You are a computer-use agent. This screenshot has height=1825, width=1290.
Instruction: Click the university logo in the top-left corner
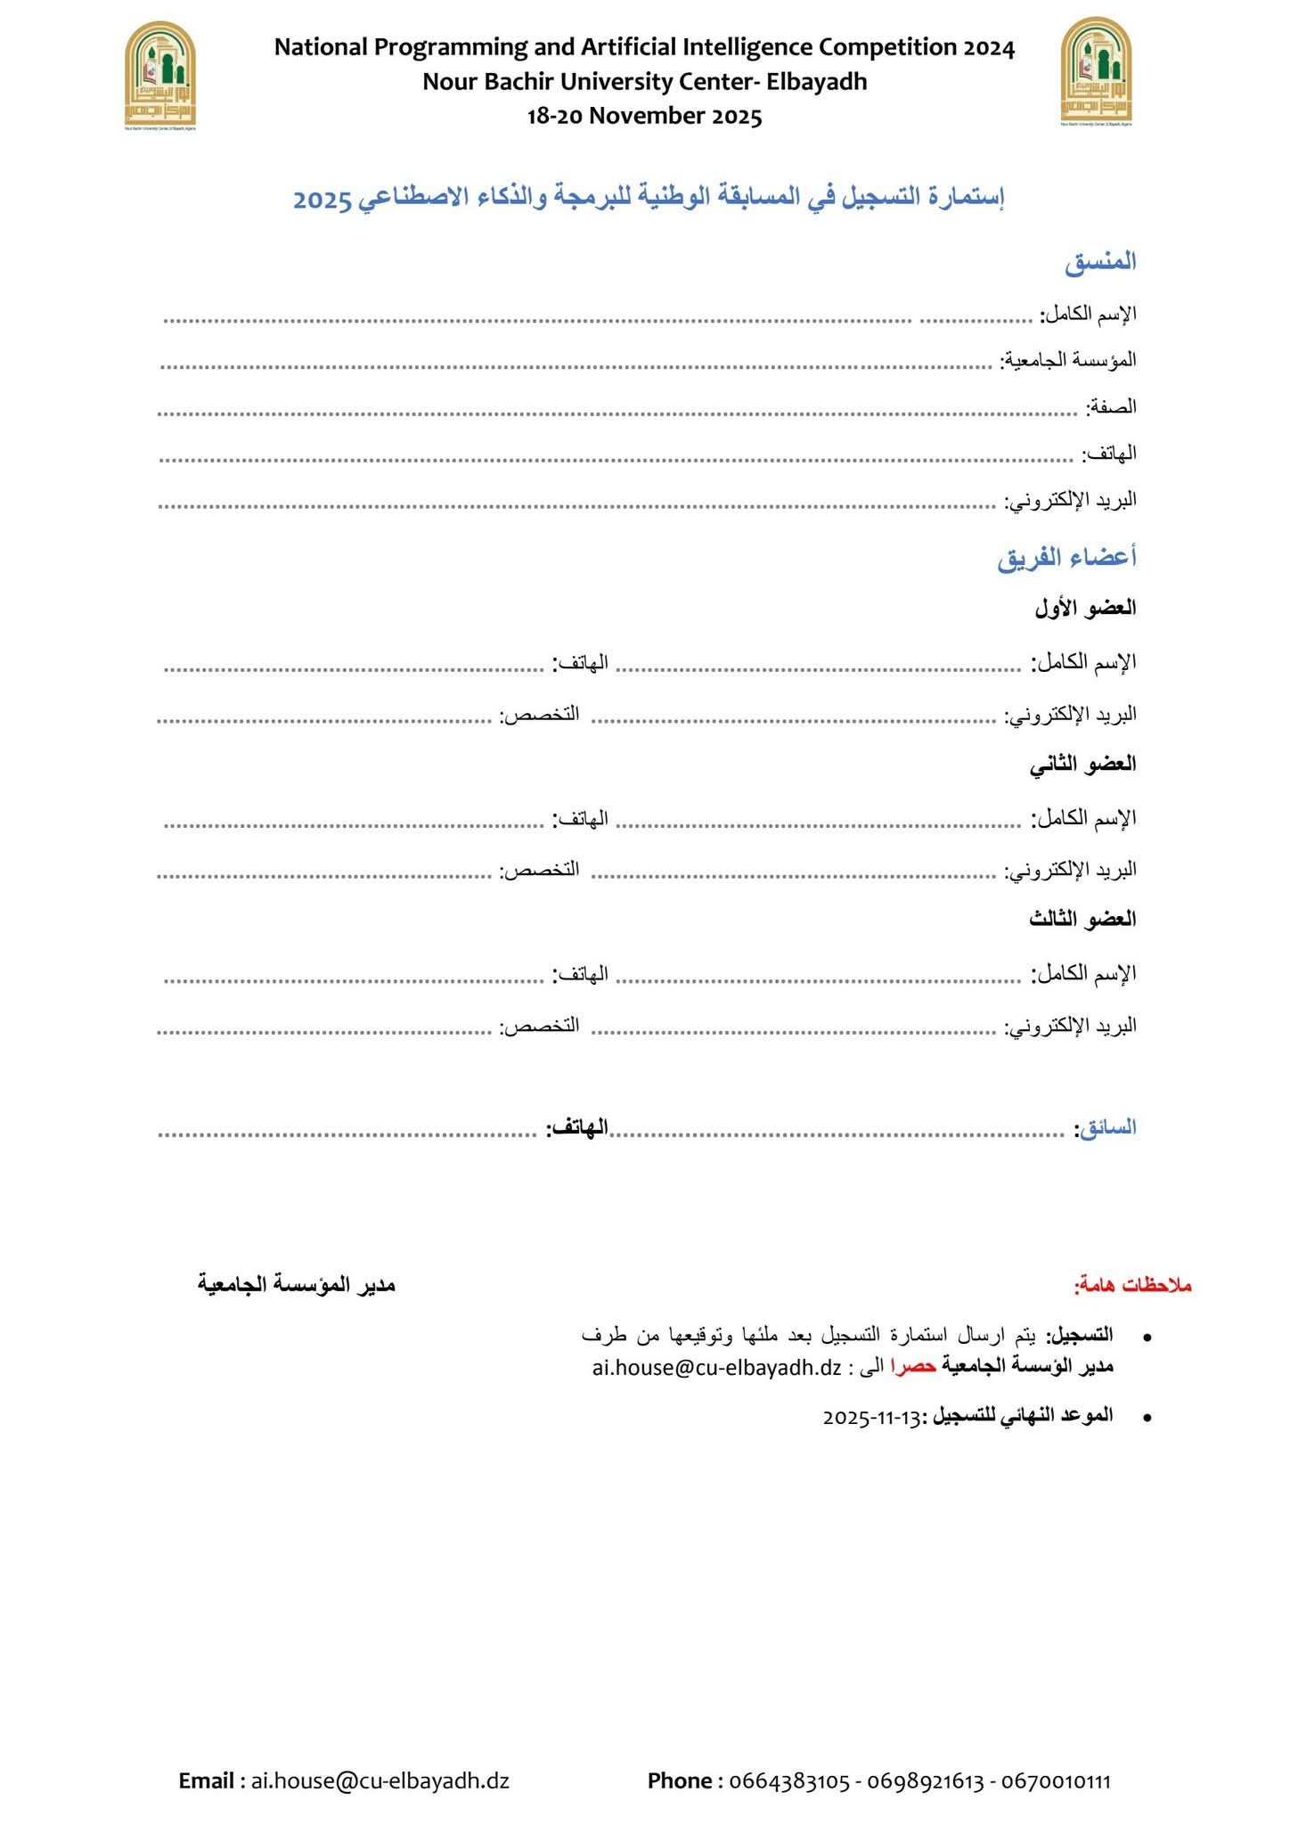point(159,75)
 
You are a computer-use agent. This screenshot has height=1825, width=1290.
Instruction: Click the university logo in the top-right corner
point(1096,72)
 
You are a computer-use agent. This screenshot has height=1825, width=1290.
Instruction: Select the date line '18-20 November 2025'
point(644,116)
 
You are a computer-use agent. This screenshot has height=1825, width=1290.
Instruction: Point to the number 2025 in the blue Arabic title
point(323,199)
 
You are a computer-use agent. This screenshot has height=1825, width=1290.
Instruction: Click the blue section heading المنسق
point(1100,262)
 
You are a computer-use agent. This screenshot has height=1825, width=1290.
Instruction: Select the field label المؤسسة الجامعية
point(1069,360)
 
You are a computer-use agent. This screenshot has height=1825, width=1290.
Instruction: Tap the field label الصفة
point(1111,407)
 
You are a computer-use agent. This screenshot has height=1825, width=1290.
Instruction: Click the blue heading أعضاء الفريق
point(1066,558)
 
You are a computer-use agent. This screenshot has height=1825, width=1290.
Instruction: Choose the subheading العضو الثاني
point(1082,765)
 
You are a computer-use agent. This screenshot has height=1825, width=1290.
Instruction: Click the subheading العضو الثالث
point(1082,920)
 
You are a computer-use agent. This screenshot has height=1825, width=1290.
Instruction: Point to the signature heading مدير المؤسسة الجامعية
point(296,1285)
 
